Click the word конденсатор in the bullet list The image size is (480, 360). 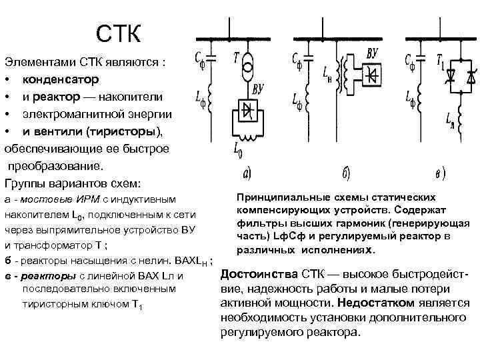pos(60,79)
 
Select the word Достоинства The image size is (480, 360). pos(259,275)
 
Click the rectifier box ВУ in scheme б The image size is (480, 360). pos(371,75)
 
